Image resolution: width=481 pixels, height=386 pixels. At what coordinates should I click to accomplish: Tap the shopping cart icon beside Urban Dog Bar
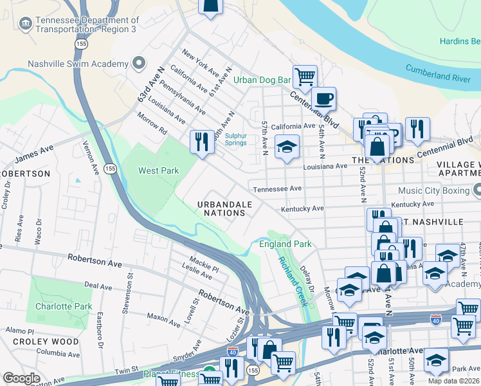[x=305, y=77]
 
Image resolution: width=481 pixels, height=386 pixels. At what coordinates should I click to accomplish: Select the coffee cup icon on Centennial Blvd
[x=323, y=98]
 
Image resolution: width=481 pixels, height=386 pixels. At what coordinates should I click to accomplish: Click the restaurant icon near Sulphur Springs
[x=202, y=141]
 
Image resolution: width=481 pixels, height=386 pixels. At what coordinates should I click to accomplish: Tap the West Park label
[x=158, y=170]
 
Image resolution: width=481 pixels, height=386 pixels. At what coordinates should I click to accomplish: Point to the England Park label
[x=285, y=244]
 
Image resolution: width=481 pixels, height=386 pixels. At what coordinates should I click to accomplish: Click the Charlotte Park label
[x=64, y=306]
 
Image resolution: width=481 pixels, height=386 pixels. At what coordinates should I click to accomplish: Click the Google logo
[x=21, y=378]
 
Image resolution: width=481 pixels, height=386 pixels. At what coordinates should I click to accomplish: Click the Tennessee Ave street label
[x=277, y=189]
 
